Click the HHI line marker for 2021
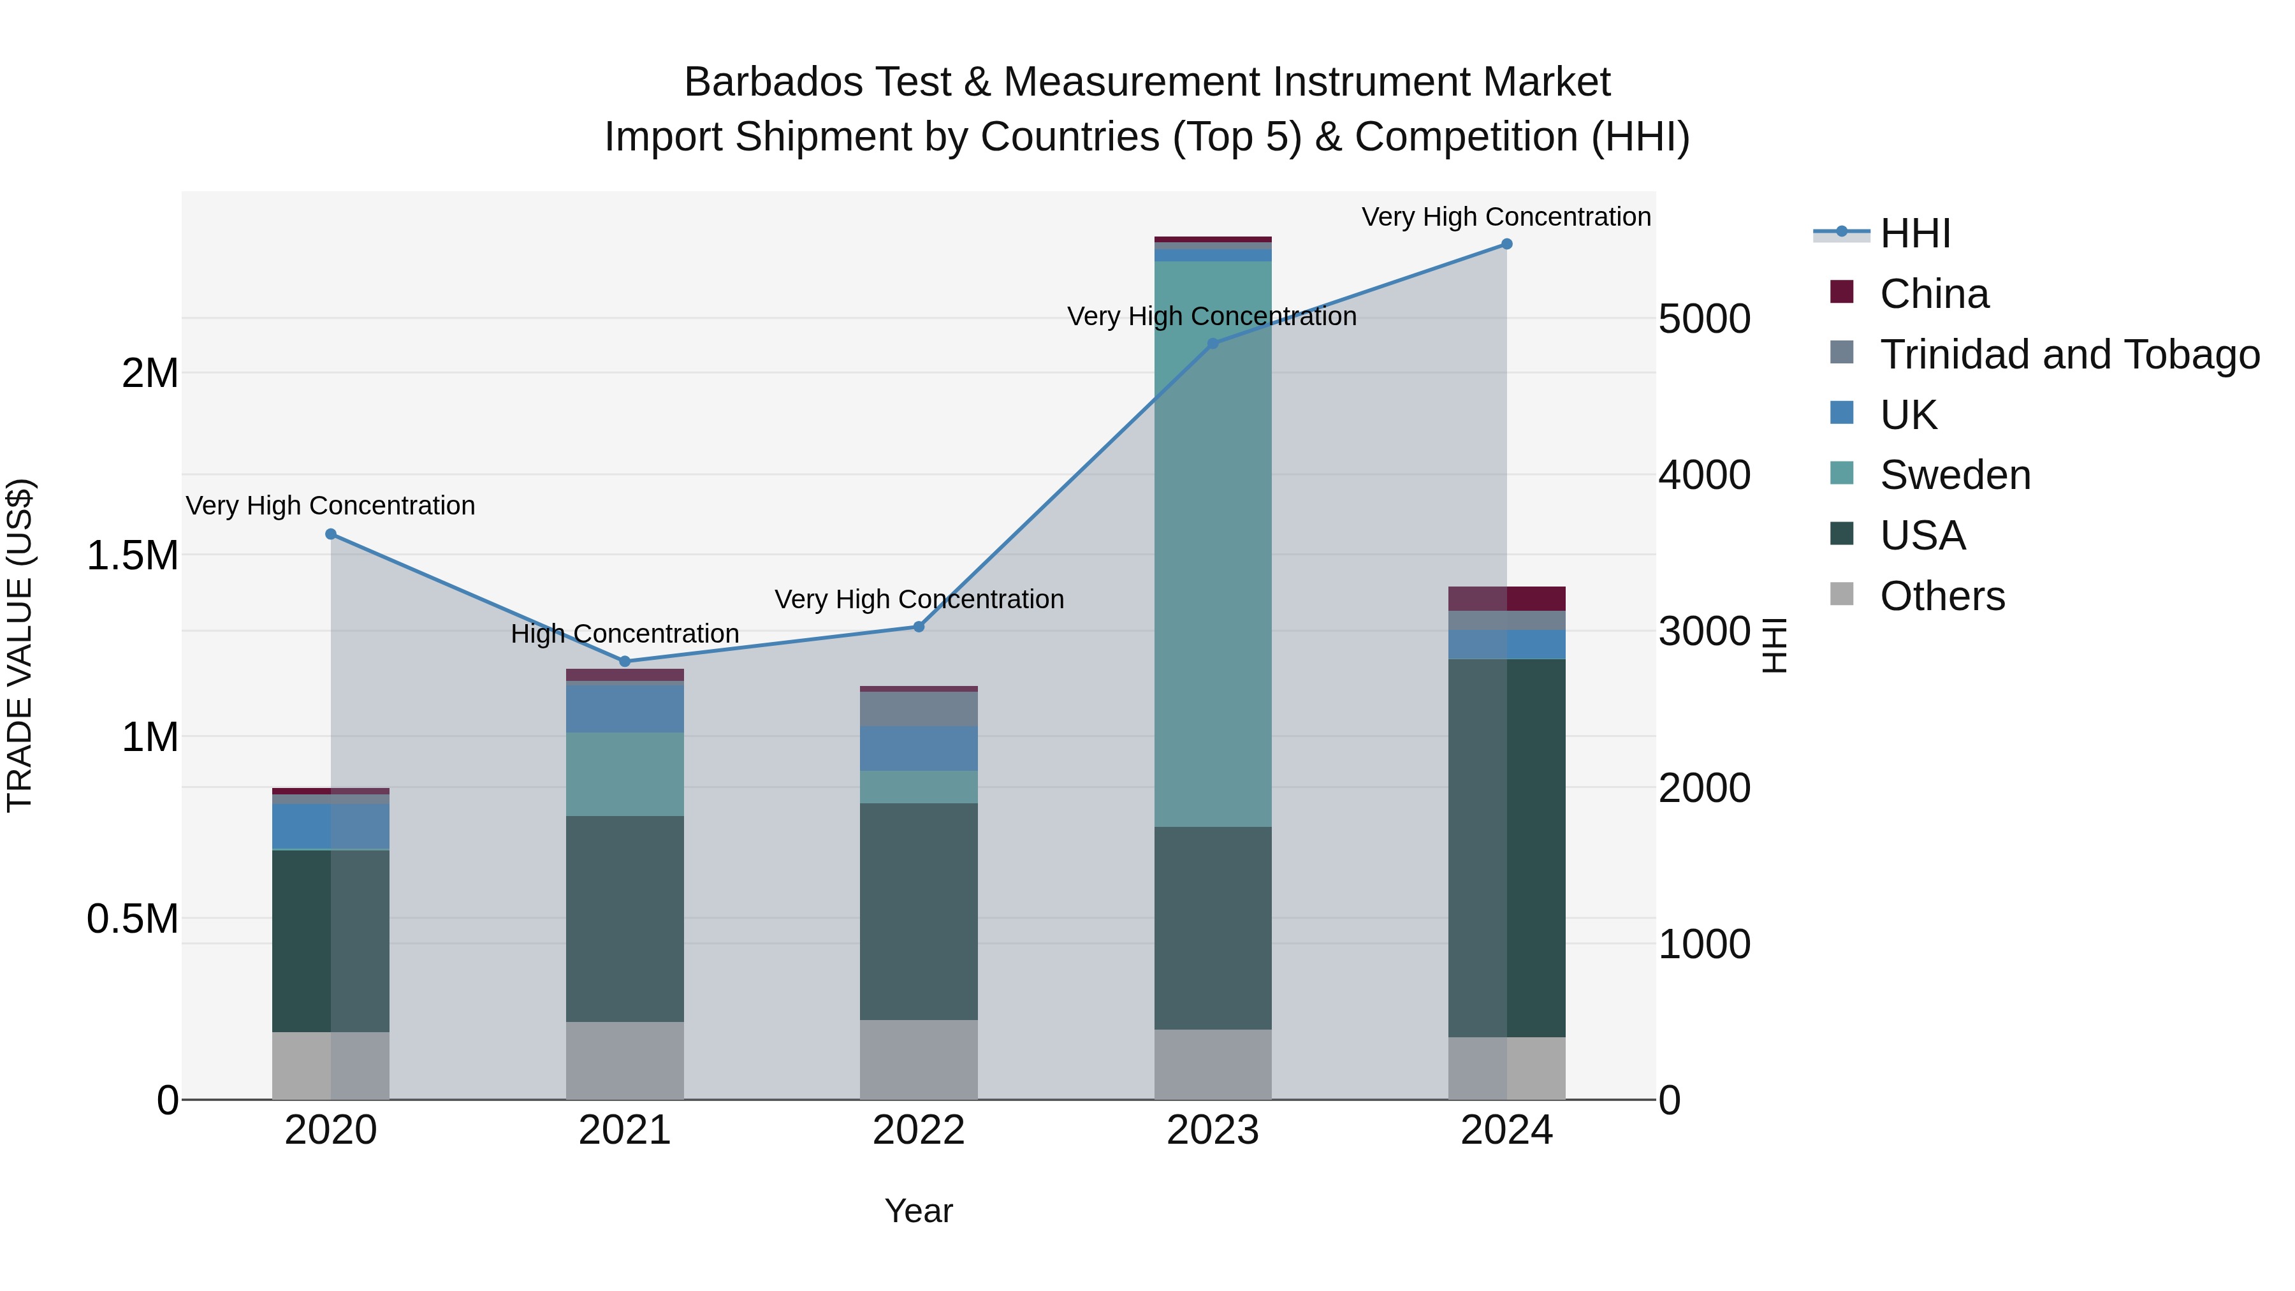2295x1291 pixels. click(625, 661)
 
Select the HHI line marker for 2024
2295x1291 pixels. click(1506, 244)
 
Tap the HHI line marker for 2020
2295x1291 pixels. click(330, 534)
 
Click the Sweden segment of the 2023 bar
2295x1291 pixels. click(1213, 543)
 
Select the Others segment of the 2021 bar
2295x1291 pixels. click(625, 1060)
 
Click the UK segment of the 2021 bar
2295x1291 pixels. click(625, 708)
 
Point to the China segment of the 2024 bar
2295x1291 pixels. click(1506, 598)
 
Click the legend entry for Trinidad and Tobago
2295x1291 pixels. click(2069, 354)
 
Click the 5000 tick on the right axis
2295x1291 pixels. click(1703, 318)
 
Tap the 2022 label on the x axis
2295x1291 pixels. click(919, 1130)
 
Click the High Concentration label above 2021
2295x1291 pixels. click(625, 634)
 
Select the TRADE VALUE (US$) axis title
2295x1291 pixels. click(20, 645)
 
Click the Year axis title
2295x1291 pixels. click(919, 1211)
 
